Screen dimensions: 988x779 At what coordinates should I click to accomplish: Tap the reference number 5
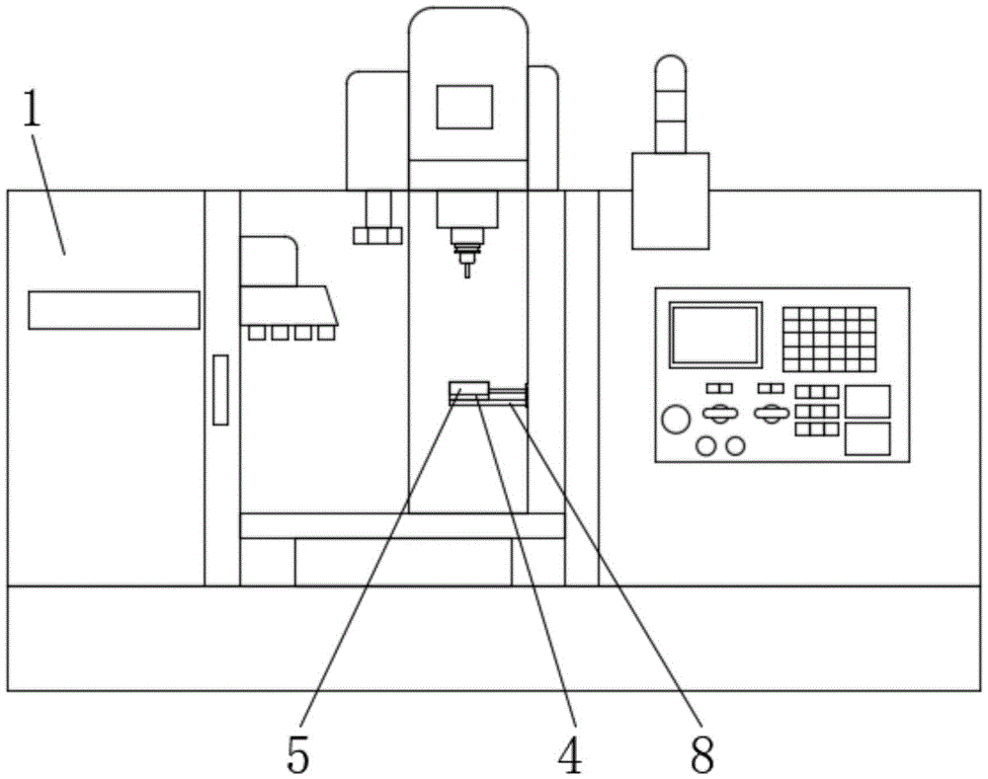pos(298,754)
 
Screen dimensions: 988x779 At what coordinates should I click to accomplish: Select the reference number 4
pos(570,754)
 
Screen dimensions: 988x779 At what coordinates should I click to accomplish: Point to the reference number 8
pos(702,754)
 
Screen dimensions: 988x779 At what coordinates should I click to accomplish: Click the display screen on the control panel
pos(715,335)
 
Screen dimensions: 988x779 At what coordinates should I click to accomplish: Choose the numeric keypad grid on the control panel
pos(829,340)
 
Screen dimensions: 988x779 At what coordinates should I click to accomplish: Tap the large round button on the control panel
pos(676,420)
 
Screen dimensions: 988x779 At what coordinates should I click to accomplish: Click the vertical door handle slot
pos(220,390)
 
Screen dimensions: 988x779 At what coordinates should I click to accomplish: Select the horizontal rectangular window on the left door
pos(114,310)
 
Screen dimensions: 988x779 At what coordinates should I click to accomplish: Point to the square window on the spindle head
pos(465,107)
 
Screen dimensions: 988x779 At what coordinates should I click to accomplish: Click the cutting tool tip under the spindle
pos(467,271)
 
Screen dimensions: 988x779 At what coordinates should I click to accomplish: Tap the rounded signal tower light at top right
pos(671,104)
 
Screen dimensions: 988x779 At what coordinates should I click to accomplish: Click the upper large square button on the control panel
pos(867,402)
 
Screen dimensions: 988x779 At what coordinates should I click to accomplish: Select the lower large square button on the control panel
pos(867,439)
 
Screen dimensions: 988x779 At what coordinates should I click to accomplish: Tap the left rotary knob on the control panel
pos(719,414)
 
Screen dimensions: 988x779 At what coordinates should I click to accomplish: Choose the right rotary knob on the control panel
pos(772,414)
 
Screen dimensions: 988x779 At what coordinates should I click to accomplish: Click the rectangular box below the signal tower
pos(671,200)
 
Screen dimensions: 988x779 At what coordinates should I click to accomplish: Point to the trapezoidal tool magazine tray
pos(289,306)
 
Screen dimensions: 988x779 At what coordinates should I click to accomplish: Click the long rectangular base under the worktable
pos(403,562)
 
